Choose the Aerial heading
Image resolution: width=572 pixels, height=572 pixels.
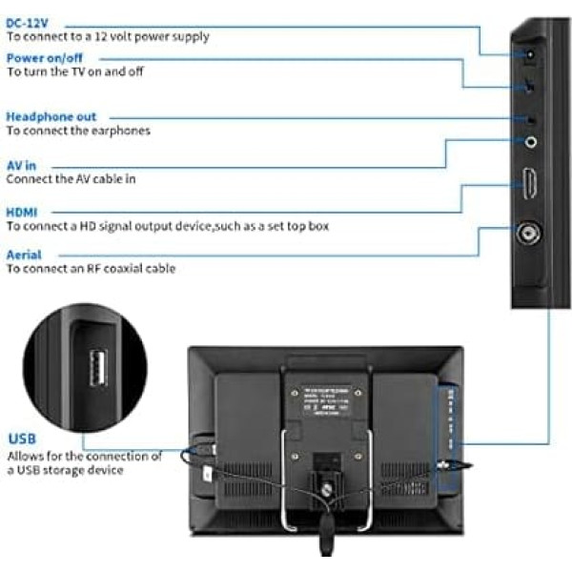pos(24,255)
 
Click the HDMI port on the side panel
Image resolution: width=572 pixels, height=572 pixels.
pos(529,182)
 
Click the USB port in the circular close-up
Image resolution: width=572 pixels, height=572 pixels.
pos(97,368)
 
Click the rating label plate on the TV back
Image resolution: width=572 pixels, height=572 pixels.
pos(326,398)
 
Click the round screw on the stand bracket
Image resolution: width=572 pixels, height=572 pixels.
pos(327,490)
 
